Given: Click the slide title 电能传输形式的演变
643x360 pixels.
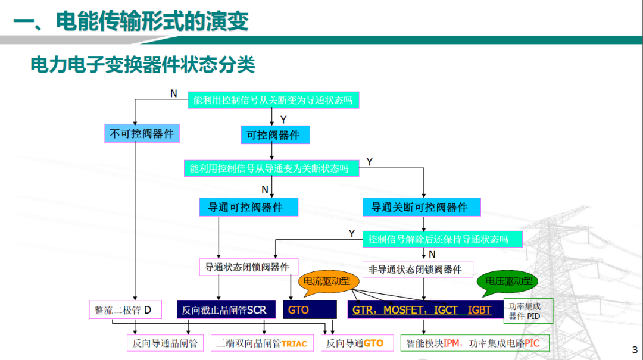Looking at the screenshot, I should click(151, 22).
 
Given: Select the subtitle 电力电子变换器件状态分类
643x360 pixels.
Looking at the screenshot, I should click(143, 64).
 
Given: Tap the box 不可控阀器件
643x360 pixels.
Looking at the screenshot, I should click(142, 134).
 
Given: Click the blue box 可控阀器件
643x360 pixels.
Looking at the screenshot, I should click(275, 135).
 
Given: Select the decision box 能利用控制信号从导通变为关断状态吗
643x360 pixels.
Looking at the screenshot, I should click(271, 168).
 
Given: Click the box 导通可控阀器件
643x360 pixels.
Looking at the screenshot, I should click(248, 207).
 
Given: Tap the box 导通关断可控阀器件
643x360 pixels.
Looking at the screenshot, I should click(421, 207).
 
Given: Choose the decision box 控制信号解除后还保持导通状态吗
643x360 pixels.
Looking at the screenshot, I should click(442, 239).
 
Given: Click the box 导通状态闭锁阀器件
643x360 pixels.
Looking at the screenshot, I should click(248, 267).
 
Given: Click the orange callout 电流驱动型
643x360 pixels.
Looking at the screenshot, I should click(327, 281).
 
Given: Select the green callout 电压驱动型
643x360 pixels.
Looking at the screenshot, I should click(508, 281).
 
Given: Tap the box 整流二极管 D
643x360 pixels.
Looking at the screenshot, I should click(123, 310).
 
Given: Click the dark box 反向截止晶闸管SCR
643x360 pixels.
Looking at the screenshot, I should click(224, 310).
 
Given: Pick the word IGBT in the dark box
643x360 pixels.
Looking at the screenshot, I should click(480, 310).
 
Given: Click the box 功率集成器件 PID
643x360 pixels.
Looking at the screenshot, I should click(527, 311).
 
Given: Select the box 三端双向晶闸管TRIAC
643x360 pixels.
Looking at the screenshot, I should click(261, 343).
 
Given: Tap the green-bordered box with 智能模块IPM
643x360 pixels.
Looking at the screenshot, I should click(475, 343).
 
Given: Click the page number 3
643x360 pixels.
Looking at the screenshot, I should click(633, 349).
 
